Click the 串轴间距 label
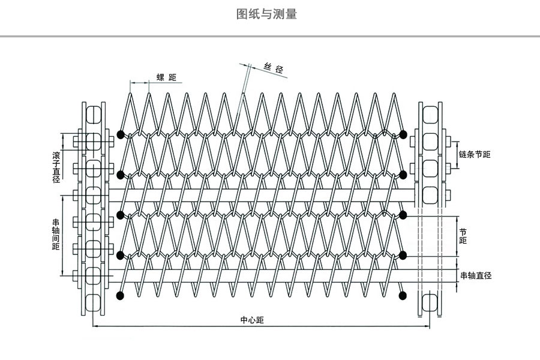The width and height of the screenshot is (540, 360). tap(56, 233)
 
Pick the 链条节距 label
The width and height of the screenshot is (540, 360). tap(474, 154)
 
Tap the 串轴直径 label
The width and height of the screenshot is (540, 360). tap(476, 275)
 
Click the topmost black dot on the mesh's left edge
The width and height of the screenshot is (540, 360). tap(121, 134)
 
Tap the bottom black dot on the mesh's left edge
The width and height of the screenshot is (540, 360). tap(121, 295)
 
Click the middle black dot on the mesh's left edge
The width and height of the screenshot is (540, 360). tap(121, 214)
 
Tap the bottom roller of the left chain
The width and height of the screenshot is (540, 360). tap(94, 302)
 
